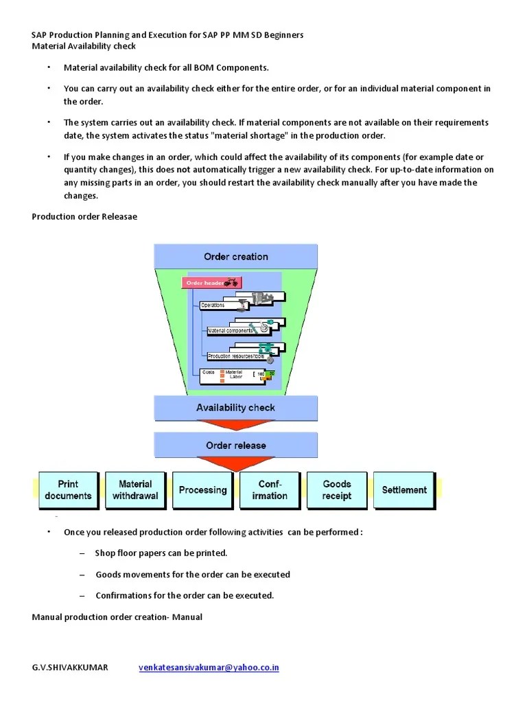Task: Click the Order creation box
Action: coord(235,257)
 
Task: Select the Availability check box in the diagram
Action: coord(235,408)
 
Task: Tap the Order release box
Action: coord(235,446)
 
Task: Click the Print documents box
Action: coord(68,490)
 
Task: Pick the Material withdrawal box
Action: coord(135,490)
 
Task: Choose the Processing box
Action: coord(202,490)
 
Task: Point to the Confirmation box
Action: coord(269,490)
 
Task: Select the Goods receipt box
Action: coord(336,490)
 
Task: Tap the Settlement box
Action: coord(403,490)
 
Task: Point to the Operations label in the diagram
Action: coord(213,305)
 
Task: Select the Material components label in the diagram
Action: coord(230,330)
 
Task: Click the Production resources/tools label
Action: coord(235,356)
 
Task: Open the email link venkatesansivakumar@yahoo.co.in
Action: coord(209,667)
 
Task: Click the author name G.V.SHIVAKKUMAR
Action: coord(70,667)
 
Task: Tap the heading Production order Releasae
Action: coord(84,216)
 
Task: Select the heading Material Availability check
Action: coord(84,46)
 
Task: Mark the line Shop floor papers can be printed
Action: coord(161,553)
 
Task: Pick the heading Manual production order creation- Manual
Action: coord(117,616)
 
